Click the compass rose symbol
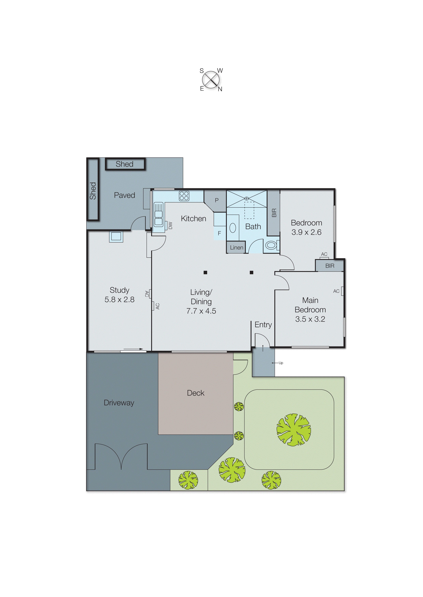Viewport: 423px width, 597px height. pos(211,80)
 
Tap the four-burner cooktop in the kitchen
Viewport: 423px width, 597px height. pos(184,196)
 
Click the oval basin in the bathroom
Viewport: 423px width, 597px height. pos(233,228)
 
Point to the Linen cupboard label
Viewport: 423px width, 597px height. pos(236,248)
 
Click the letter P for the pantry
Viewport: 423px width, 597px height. pos(217,200)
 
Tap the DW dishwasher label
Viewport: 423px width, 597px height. pos(170,225)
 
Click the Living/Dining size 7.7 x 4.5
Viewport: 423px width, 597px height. pos(201,311)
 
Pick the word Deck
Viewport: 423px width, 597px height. pos(195,393)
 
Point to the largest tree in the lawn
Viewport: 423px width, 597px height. pos(293,430)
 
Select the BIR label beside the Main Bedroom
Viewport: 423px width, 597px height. pos(329,266)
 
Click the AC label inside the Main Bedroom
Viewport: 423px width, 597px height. pos(336,291)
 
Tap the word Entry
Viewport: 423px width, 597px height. pos(263,325)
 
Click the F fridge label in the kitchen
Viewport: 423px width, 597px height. pos(219,233)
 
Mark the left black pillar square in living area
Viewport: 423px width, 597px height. pos(205,272)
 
